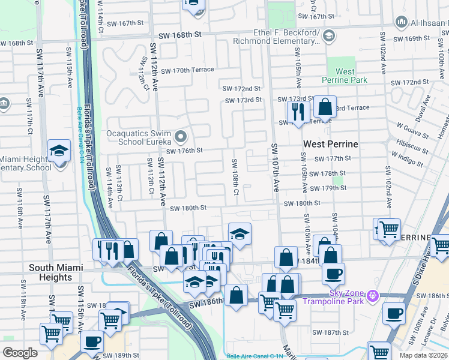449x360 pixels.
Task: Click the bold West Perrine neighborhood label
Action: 330,144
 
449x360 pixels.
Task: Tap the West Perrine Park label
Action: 345,76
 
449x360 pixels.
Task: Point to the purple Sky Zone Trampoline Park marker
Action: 373,296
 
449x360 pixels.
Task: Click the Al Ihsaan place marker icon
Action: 401,22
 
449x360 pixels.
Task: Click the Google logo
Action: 20,352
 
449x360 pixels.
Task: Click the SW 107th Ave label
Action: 275,169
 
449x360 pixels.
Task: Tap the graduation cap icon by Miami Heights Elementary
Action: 59,151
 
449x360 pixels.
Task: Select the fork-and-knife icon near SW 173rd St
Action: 298,110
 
